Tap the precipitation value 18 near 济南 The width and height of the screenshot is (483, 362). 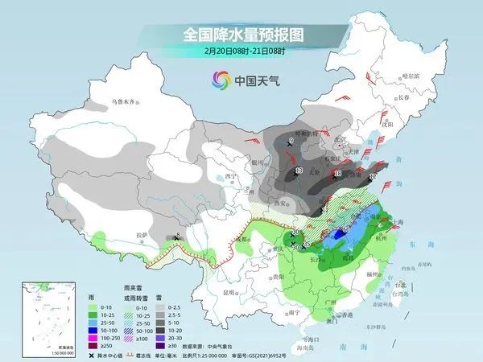(337, 173)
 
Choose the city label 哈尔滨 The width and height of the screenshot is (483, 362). (411, 75)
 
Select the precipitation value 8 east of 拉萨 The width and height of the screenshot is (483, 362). (178, 236)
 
